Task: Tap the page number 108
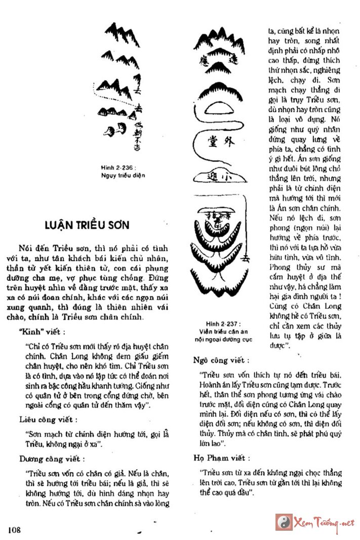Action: tap(14, 529)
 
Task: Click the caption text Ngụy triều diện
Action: tap(123, 175)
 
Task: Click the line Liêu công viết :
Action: tap(49, 420)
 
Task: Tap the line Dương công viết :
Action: tap(52, 459)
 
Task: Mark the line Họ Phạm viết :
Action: tap(222, 458)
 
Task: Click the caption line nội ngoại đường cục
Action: tap(223, 339)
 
